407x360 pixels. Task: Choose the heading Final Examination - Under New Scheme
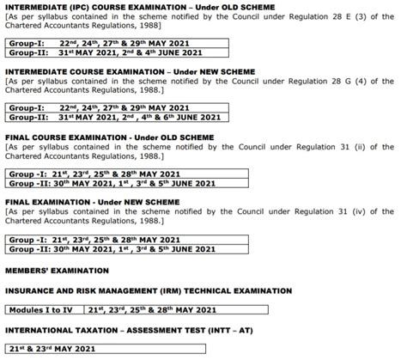click(92, 201)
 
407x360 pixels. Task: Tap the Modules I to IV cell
click(42, 308)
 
